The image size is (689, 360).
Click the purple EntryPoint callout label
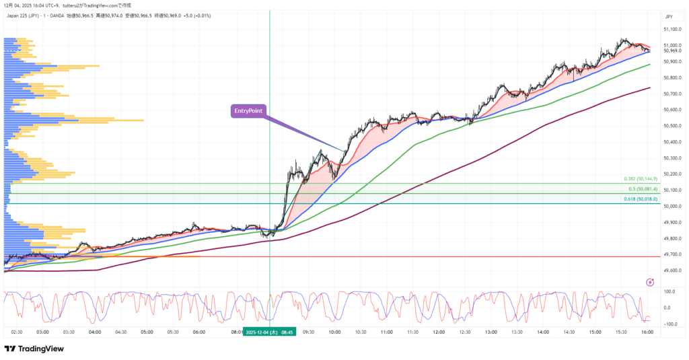(x=249, y=110)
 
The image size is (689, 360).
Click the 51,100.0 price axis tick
(x=670, y=30)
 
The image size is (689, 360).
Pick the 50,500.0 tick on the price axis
(x=670, y=126)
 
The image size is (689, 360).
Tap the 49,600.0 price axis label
(x=670, y=271)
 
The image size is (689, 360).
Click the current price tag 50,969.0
(x=670, y=50)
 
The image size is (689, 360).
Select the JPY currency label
(x=669, y=16)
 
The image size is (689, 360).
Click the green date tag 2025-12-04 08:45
(x=269, y=332)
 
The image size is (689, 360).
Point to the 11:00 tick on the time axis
(x=386, y=332)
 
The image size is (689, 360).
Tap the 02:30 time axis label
(x=17, y=332)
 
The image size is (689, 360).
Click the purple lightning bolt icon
(x=649, y=283)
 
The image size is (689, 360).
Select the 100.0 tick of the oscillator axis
(x=669, y=291)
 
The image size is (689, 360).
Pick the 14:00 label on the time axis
(x=543, y=332)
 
